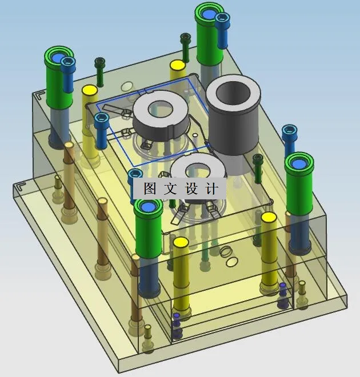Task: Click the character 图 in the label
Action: point(150,188)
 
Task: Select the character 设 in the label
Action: point(191,188)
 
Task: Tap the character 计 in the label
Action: point(212,188)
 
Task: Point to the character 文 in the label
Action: point(171,188)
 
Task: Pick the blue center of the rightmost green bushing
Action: point(299,164)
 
